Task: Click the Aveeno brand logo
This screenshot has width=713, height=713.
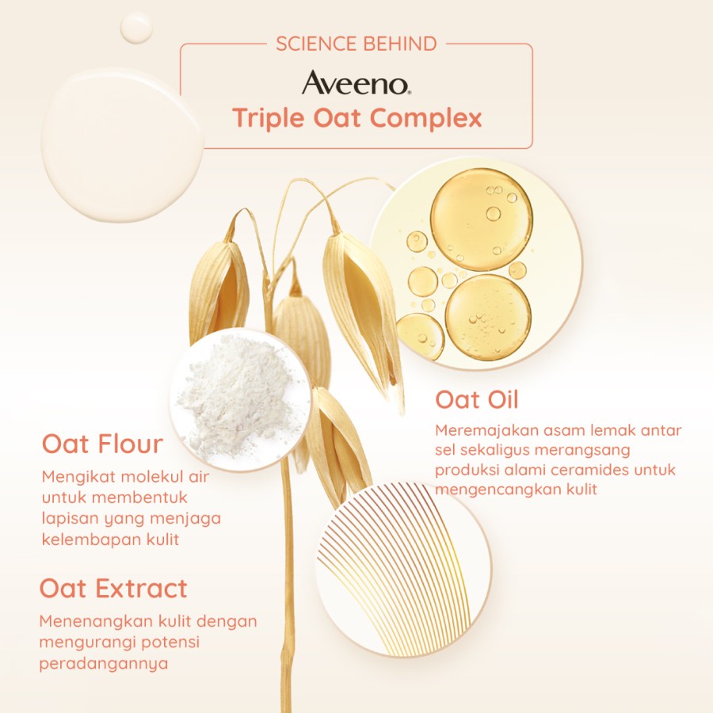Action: coord(356,82)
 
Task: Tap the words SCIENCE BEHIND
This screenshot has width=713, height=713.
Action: coord(356,44)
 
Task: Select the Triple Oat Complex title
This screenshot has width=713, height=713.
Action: coord(357,118)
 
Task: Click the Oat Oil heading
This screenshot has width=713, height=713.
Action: coord(477,400)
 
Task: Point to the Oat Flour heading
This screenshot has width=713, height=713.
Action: coord(102,444)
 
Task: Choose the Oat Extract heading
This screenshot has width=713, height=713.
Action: coord(113,589)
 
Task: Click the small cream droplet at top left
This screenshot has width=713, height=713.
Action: coord(136,27)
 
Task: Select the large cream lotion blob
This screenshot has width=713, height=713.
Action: coord(122,145)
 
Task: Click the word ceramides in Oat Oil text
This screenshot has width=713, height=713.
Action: coord(591,470)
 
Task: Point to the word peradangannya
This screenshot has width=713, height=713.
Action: coord(104,663)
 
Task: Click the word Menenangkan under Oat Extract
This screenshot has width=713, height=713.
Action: coord(96,621)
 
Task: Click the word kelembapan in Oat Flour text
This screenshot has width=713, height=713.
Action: coord(91,540)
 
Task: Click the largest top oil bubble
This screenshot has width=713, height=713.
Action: coord(482,219)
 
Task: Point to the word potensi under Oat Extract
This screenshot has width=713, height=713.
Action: coord(170,642)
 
